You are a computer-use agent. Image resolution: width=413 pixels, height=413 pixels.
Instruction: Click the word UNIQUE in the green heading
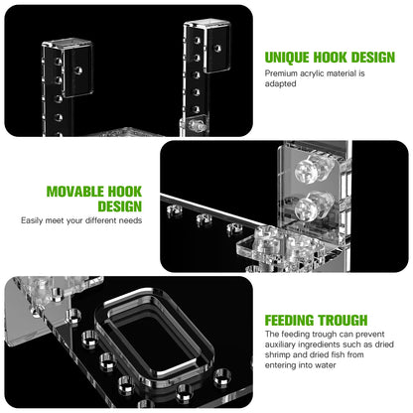pos(287,58)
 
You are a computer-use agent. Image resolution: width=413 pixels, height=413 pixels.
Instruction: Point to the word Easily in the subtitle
pos(32,220)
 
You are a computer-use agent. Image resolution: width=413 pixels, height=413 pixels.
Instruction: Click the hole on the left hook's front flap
pos(78,70)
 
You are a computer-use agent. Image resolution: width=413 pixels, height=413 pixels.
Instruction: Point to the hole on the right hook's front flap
pos(217,49)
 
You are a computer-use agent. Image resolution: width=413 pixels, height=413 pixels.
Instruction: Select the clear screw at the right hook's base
pos(195,125)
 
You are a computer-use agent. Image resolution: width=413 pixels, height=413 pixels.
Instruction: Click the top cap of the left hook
pos(67,43)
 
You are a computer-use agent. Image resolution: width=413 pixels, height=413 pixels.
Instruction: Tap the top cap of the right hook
pos(206,23)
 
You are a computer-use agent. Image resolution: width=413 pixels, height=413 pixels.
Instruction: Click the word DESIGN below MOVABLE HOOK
pos(119,206)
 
